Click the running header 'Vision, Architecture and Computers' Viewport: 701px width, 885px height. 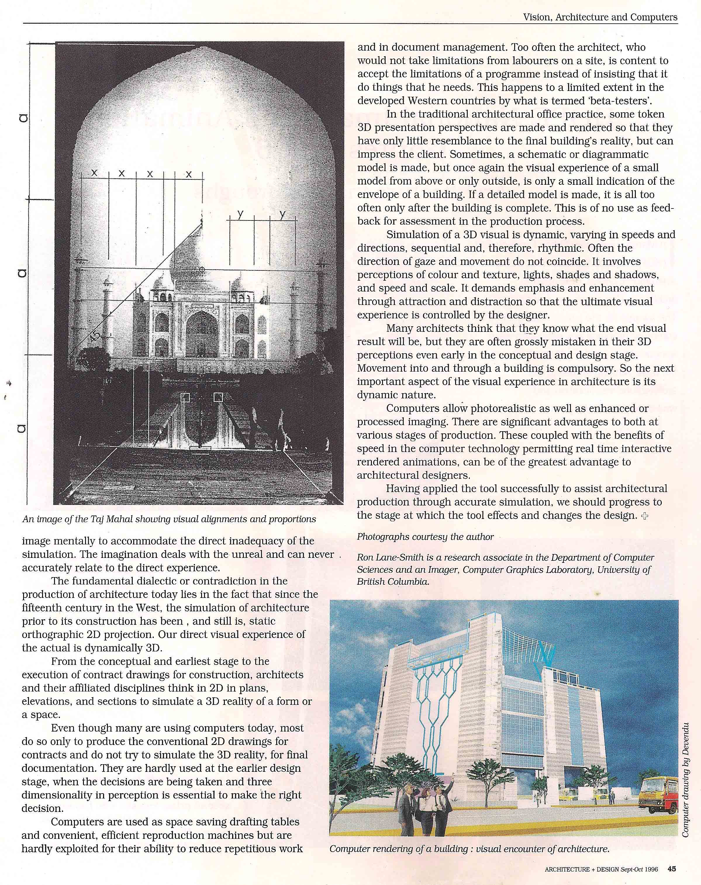[600, 17]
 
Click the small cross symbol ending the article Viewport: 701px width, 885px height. [644, 516]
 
